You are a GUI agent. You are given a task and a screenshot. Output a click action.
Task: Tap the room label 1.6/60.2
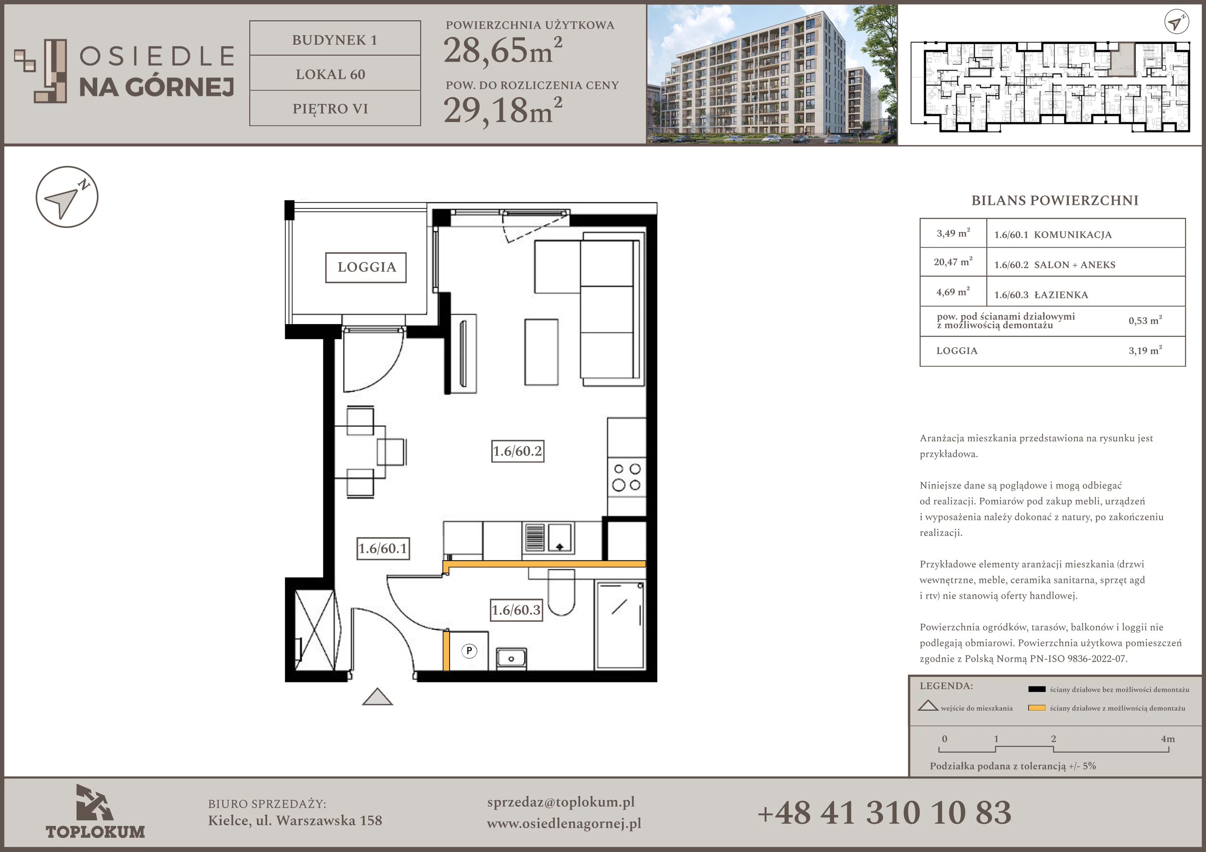click(517, 451)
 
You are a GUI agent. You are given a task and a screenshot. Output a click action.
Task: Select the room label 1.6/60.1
click(383, 548)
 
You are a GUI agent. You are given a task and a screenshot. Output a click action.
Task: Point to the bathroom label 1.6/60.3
click(516, 610)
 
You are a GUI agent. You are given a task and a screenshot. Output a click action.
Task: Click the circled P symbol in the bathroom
click(469, 651)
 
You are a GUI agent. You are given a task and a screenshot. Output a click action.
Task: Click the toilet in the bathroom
click(561, 592)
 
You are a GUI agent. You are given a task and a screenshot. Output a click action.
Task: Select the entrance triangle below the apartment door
click(378, 697)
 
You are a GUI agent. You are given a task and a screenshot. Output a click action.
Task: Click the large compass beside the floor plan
click(67, 197)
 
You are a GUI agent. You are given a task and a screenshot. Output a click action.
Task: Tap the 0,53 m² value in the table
click(1145, 320)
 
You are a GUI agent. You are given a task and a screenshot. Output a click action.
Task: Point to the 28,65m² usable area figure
click(503, 51)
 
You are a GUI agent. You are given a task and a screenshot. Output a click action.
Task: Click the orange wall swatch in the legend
click(1036, 708)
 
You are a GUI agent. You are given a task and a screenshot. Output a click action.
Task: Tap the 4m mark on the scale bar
click(1168, 739)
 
